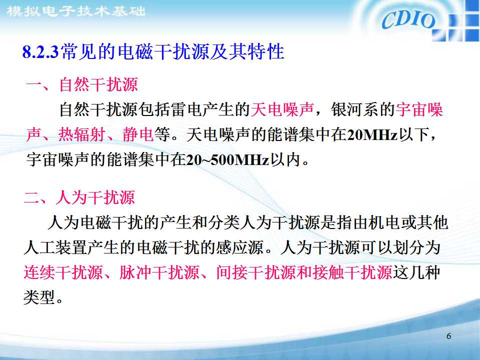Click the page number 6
[x=448, y=336]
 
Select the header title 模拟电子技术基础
[x=75, y=10]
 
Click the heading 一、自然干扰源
[x=81, y=85]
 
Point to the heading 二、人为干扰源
[x=80, y=198]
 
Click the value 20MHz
[x=372, y=135]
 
